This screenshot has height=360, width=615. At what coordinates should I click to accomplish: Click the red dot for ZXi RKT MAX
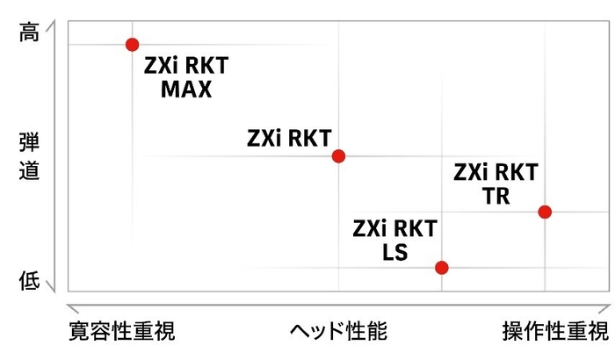(x=132, y=45)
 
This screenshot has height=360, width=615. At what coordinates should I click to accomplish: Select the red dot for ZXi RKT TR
(x=545, y=212)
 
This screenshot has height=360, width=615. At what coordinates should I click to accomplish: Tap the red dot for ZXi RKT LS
(x=442, y=268)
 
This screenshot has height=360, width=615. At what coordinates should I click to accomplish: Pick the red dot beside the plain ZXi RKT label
(x=338, y=156)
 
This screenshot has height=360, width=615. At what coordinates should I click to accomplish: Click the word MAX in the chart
(x=186, y=90)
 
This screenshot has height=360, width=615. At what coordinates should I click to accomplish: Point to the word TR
(x=496, y=196)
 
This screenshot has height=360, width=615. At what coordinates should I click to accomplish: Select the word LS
(x=395, y=252)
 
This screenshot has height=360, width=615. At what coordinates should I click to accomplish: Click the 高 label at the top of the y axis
(x=29, y=32)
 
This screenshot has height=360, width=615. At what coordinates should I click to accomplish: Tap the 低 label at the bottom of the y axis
(x=29, y=281)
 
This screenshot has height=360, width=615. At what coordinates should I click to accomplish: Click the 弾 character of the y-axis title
(x=29, y=142)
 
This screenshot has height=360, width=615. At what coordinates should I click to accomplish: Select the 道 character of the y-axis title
(x=29, y=170)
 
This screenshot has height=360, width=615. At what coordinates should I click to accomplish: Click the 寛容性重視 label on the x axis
(x=122, y=331)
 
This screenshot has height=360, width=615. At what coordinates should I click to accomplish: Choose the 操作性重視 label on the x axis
(x=556, y=331)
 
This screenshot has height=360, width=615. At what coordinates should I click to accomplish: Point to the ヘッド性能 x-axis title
(x=338, y=331)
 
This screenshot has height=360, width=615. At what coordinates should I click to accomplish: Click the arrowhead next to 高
(x=51, y=25)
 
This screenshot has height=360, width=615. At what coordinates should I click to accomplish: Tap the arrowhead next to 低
(x=51, y=286)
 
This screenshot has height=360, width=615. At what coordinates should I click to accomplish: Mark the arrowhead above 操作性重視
(x=605, y=308)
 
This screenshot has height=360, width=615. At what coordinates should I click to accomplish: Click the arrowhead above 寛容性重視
(x=73, y=308)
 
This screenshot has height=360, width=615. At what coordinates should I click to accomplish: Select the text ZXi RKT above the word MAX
(x=186, y=66)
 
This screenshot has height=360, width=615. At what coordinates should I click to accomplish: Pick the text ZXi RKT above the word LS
(x=395, y=228)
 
